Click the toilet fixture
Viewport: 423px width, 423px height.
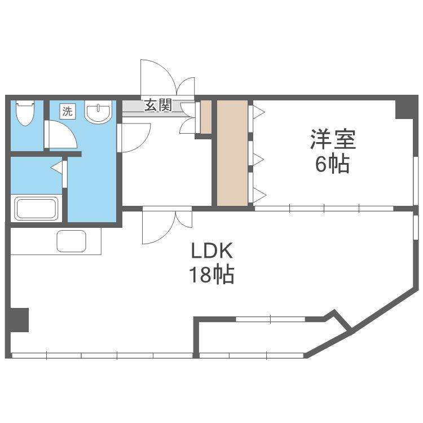tap(25, 112)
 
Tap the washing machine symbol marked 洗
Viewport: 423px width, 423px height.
tap(67, 111)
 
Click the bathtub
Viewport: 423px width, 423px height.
tap(37, 209)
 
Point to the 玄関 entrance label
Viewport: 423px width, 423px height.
tap(158, 105)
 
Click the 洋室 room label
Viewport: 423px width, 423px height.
tap(333, 139)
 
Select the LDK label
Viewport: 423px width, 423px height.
tap(211, 251)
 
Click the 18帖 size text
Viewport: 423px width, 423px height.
tap(211, 275)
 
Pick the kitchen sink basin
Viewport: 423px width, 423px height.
tap(72, 241)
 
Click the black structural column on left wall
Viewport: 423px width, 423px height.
tap(19, 320)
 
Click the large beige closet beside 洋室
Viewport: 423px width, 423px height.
tap(232, 153)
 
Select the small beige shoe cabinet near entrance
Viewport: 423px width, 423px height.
tap(206, 117)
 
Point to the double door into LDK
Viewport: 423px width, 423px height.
tap(168, 226)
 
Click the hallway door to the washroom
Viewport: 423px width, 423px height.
tap(134, 138)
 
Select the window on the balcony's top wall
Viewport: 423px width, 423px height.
tap(270, 319)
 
